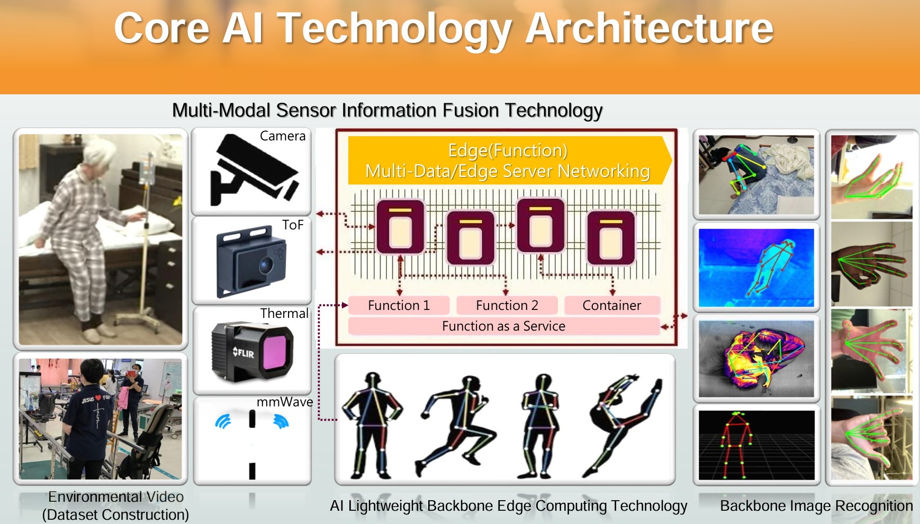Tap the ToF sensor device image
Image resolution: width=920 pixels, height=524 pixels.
pos(251,261)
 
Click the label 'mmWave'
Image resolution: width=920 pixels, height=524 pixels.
pos(285,402)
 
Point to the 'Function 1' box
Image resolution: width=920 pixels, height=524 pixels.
pos(399,305)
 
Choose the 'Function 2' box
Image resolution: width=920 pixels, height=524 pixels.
pos(507,305)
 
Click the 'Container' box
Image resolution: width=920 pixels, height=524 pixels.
pos(612,305)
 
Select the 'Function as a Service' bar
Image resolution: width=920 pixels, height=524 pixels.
pos(504,326)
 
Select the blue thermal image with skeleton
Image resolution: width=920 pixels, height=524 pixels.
pos(756,268)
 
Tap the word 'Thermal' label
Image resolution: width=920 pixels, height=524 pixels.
pos(284,313)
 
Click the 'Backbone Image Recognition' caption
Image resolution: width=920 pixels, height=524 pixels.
pos(816,506)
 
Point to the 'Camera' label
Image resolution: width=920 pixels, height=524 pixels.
pos(283,136)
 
